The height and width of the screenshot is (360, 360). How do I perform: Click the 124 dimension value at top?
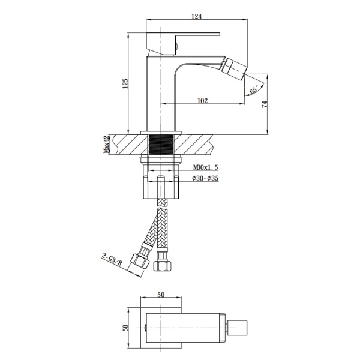[x=196, y=17]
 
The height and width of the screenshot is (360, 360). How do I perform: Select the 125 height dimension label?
[x=125, y=84]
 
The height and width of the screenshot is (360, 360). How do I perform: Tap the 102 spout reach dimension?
[x=202, y=101]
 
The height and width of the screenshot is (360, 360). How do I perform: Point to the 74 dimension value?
[x=265, y=104]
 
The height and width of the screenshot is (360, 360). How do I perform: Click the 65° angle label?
[x=254, y=89]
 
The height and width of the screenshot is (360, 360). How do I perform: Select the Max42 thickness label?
[x=106, y=145]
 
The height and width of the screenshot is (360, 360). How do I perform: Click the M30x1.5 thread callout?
[x=205, y=167]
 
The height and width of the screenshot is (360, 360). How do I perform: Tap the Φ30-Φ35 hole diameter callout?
[x=205, y=178]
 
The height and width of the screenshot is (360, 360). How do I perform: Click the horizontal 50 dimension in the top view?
[x=161, y=295]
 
